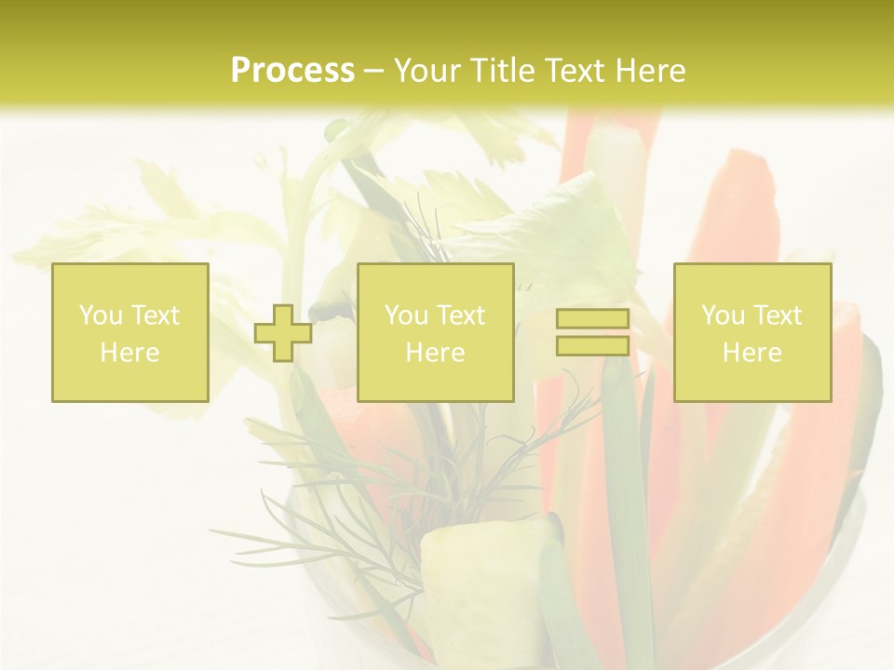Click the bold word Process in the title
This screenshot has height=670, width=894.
[292, 71]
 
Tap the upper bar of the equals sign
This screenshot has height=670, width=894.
[592, 319]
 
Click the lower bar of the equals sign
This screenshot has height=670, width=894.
[592, 345]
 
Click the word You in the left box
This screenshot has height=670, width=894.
[100, 315]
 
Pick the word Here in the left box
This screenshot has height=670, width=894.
[129, 353]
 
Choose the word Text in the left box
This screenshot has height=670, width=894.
[154, 315]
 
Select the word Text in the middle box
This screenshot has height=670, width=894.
[459, 315]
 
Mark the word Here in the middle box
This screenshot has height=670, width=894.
[435, 353]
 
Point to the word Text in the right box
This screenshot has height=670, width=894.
[776, 315]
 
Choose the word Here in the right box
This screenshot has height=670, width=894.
[752, 353]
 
